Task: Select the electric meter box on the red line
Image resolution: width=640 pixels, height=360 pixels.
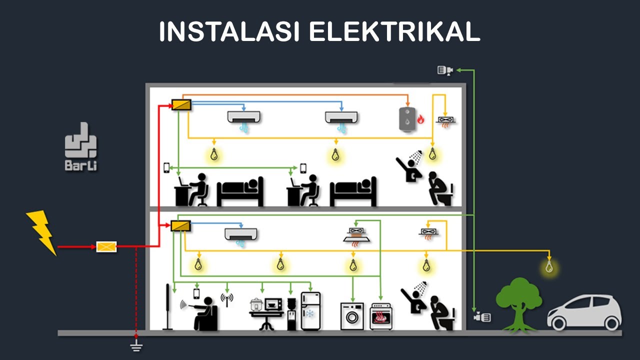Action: pyautogui.click(x=106, y=246)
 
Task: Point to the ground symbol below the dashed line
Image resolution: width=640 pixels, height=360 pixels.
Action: pyautogui.click(x=136, y=345)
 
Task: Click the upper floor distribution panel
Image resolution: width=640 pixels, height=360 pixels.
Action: pyautogui.click(x=180, y=104)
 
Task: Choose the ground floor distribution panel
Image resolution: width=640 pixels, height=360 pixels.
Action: pyautogui.click(x=180, y=226)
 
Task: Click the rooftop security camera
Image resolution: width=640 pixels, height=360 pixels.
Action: pyautogui.click(x=444, y=70)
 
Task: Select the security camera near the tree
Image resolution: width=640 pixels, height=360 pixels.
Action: pyautogui.click(x=482, y=317)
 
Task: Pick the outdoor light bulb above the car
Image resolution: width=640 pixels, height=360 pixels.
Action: pyautogui.click(x=549, y=267)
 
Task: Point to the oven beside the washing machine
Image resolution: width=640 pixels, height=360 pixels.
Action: pyautogui.click(x=381, y=316)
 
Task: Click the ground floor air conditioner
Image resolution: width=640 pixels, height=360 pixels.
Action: pyautogui.click(x=240, y=234)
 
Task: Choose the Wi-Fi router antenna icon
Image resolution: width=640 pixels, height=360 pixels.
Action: pyautogui.click(x=227, y=299)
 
